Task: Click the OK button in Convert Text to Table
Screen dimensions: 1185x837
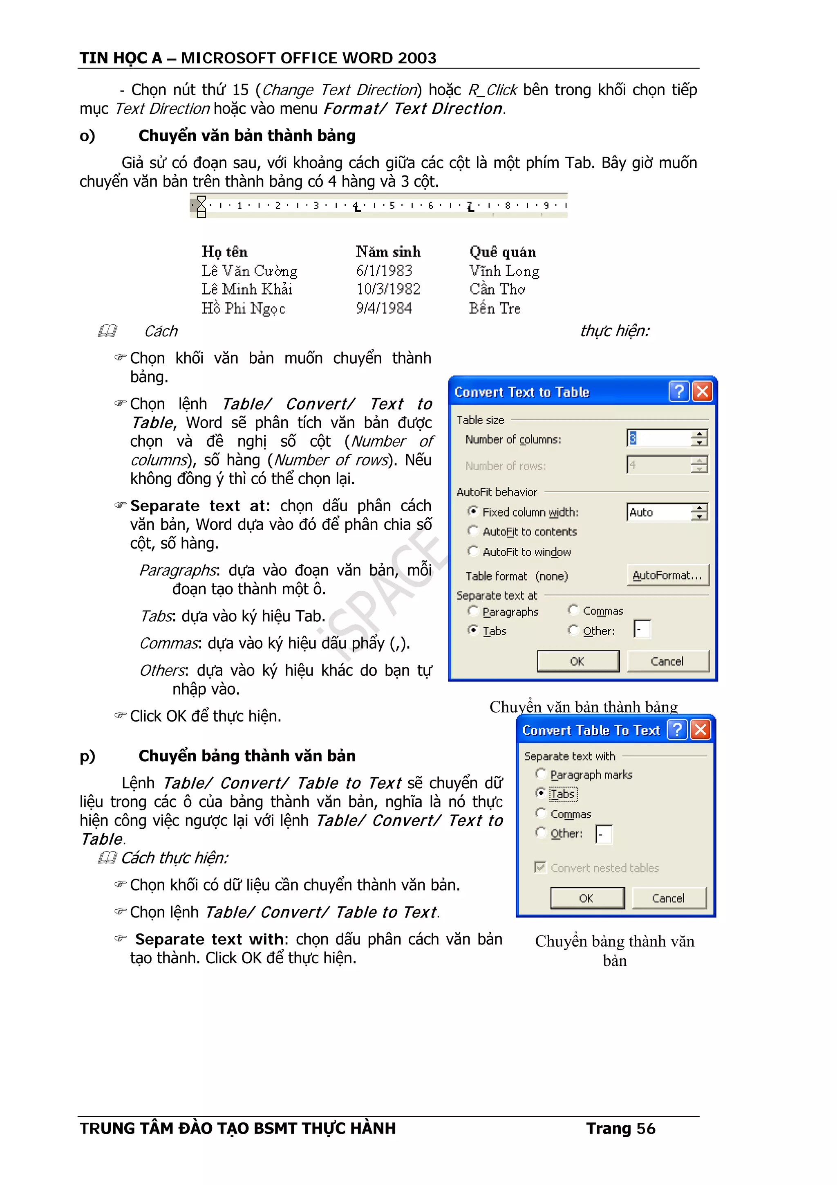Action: point(577,661)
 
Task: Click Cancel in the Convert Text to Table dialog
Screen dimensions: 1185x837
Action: point(667,661)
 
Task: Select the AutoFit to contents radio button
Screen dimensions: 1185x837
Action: point(473,531)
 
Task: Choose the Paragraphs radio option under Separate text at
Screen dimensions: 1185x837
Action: point(473,611)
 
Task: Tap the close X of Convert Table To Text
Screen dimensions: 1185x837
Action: point(701,730)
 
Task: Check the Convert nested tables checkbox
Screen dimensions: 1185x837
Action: point(540,867)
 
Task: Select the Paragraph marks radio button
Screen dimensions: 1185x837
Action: point(540,774)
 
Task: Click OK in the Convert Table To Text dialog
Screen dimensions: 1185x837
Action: point(587,898)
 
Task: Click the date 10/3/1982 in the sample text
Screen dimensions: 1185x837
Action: point(388,289)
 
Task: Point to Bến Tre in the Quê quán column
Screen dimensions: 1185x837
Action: point(495,309)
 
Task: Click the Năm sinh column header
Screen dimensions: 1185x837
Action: point(388,252)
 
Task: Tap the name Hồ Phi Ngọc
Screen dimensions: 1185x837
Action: point(244,309)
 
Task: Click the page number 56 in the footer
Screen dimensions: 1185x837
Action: point(646,1129)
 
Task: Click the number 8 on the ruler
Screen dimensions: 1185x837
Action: point(508,205)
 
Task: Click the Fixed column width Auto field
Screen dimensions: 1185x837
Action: point(658,512)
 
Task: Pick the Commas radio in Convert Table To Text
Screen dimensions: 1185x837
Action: point(540,814)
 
